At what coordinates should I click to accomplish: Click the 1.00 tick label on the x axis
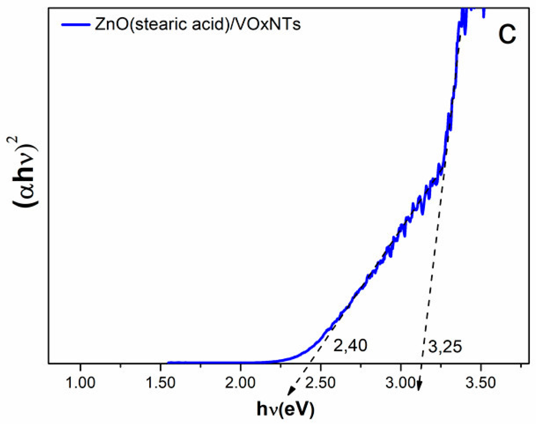point(80,383)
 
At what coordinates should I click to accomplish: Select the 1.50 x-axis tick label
point(160,383)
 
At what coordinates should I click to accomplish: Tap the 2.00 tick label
point(240,383)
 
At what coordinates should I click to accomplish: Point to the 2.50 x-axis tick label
point(320,383)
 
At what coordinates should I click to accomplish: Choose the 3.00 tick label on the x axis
point(400,383)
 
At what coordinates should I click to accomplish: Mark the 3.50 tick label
point(480,383)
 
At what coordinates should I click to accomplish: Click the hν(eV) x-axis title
point(285,409)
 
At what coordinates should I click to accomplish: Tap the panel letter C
point(507,34)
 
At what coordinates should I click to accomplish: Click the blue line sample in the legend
point(75,25)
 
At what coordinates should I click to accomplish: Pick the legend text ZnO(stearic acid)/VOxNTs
point(198,24)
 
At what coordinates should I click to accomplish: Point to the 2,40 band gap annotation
point(350,345)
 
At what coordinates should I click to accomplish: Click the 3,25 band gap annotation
point(445,346)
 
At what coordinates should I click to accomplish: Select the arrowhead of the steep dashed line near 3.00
point(419,388)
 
